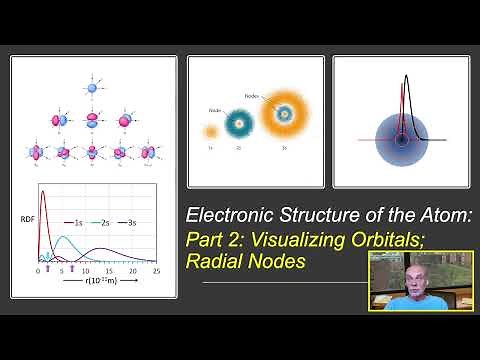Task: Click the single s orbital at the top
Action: (92, 88)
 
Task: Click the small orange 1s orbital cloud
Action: (211, 130)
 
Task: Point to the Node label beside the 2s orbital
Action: (214, 110)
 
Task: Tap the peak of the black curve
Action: (407, 78)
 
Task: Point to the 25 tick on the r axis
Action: (157, 271)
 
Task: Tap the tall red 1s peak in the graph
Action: (43, 196)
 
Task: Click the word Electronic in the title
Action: (229, 215)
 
